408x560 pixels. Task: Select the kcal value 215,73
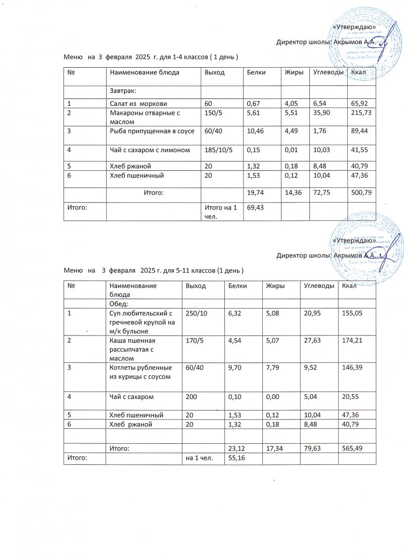tap(361, 113)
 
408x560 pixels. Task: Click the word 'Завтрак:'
tap(122, 91)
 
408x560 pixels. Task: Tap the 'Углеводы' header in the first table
tap(327, 72)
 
